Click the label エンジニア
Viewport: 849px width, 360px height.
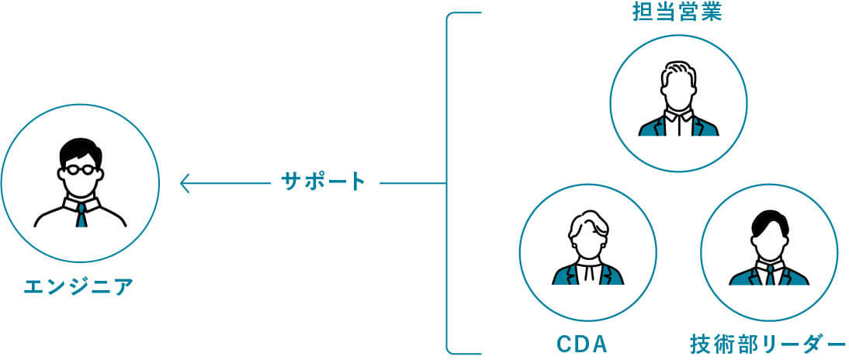(79, 287)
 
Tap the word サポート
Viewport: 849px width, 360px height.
(323, 183)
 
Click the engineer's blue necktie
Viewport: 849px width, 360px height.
(81, 215)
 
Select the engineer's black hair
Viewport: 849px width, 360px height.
(79, 149)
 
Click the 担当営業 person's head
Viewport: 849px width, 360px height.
(679, 81)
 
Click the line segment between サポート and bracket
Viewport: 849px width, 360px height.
(411, 184)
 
